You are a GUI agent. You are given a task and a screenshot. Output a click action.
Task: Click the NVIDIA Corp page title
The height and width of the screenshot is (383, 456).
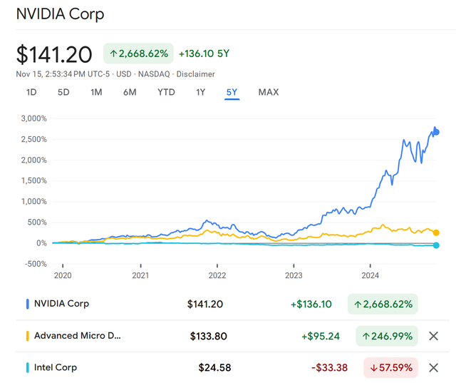pos(60,14)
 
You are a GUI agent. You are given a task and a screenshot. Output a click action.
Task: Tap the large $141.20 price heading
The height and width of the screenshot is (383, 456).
pos(54,54)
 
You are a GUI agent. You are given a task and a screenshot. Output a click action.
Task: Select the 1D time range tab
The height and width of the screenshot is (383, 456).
pos(31,92)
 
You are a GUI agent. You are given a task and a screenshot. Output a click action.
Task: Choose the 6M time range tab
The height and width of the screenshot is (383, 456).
pos(129,92)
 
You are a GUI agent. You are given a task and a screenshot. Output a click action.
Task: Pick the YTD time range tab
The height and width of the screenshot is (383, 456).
pos(166,92)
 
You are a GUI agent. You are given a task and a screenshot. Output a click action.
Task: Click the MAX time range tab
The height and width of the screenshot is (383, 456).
pos(269,92)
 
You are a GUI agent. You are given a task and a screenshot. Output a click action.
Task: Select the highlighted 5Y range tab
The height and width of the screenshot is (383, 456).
pos(232,92)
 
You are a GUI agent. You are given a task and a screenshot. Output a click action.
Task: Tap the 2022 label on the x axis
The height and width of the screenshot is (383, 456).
pos(217,275)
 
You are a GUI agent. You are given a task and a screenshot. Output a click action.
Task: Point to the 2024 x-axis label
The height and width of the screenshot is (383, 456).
pos(370,275)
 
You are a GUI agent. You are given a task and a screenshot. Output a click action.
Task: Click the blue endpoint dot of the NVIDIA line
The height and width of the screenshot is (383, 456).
pos(436,132)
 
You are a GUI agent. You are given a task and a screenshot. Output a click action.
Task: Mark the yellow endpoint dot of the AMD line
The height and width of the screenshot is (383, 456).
pos(436,233)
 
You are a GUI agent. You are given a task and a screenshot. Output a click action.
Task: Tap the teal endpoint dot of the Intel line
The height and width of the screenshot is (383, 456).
pos(436,245)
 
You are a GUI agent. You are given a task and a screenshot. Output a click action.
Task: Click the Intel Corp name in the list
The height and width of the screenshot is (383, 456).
pos(56,367)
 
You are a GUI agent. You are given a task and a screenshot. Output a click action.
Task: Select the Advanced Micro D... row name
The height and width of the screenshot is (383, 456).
pos(77,336)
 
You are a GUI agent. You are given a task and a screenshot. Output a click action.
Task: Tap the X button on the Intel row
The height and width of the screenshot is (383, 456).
pos(432,367)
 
